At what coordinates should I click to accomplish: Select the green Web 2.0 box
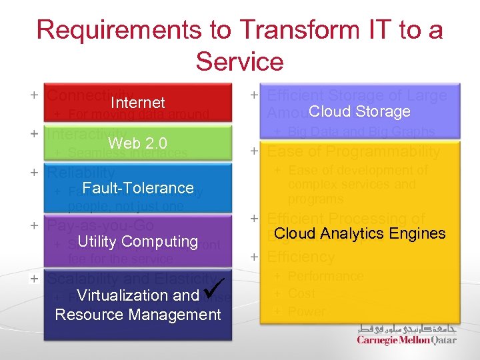pos(138,143)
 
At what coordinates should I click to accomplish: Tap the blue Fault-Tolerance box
pos(138,187)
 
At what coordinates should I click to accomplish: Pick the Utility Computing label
pos(138,241)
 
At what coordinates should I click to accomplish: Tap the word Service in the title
pos(240,62)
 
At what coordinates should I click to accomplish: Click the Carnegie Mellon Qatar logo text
pos(407,340)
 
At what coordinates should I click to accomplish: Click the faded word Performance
pos(325,276)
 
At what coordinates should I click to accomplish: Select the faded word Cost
pos(301,293)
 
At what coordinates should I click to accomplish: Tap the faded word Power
pos(307,311)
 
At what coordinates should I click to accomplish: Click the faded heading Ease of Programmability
pos(353,152)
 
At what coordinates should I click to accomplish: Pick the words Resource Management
pos(138,314)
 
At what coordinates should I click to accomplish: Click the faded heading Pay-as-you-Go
pos(100,225)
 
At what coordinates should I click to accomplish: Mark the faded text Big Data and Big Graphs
pos(361,132)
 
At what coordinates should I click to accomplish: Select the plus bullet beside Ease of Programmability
pos(254,151)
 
